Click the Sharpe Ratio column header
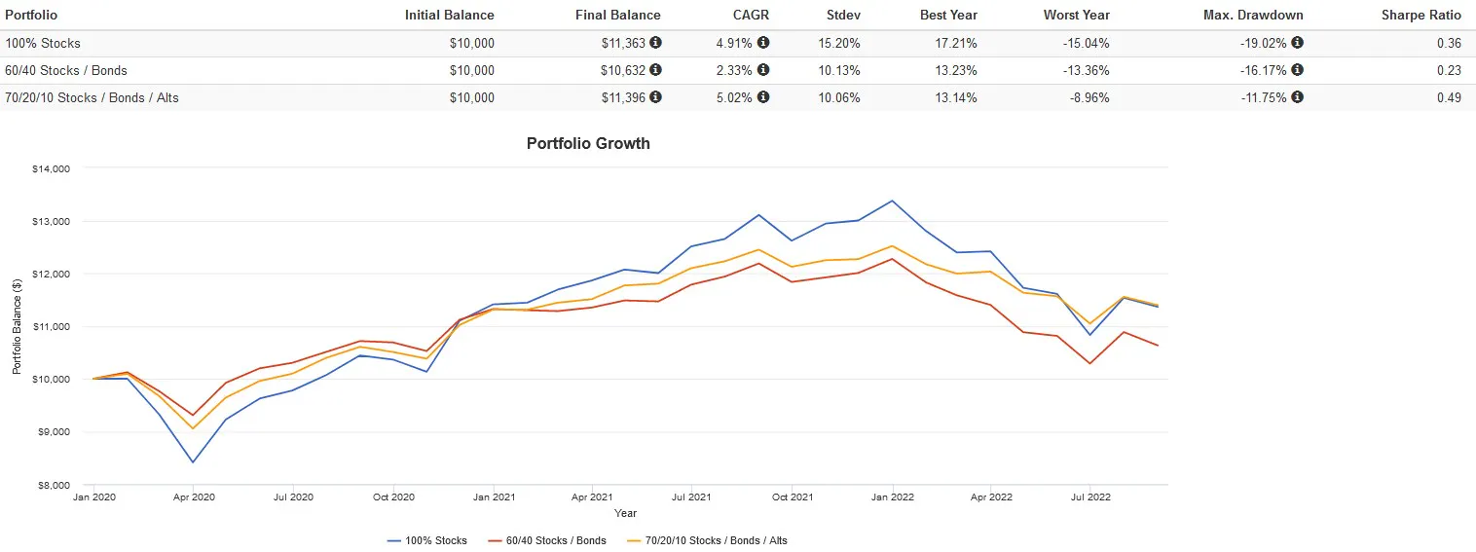pos(1421,15)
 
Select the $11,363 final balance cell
pos(624,43)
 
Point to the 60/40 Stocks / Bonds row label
pos(66,70)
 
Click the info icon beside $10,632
pos(655,70)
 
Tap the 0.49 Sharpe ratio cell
pos(1448,97)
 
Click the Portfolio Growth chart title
pos(588,143)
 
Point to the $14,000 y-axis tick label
pos(52,168)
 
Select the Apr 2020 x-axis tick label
pos(193,497)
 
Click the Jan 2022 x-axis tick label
pos(892,497)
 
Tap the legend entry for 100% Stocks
pos(427,540)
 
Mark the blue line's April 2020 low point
pos(193,462)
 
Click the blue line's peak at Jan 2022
pos(892,201)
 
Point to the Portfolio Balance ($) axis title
pos(17,326)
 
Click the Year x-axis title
pos(626,513)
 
